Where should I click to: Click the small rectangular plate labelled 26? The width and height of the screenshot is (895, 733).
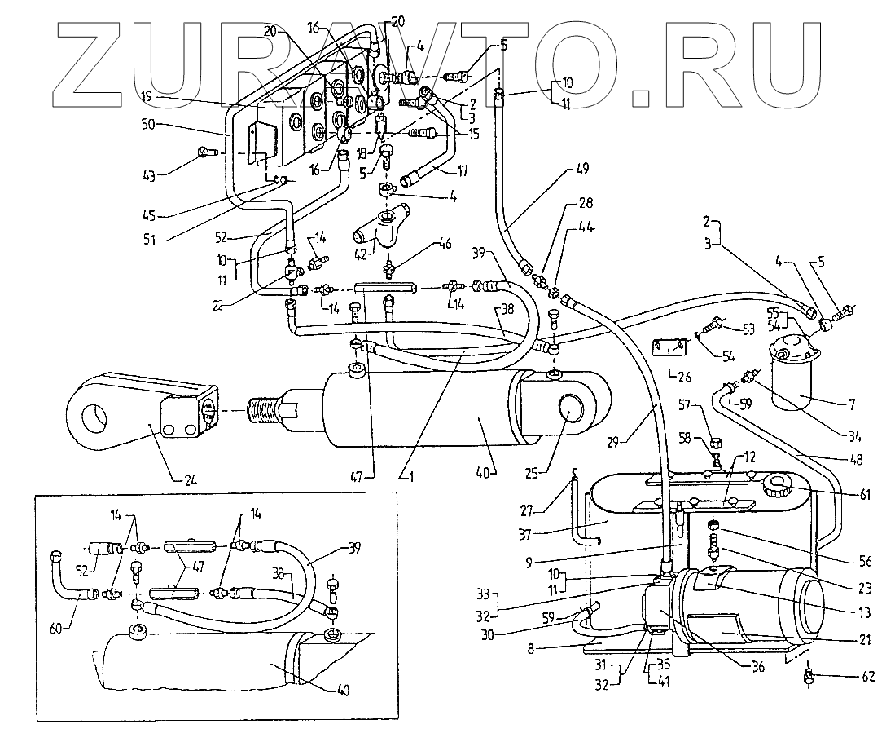pos(670,349)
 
